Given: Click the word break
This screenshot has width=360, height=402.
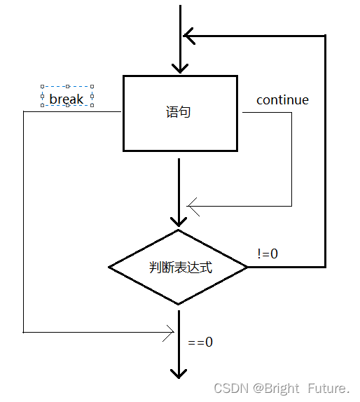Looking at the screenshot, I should point(67,99).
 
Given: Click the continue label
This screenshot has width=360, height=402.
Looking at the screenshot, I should point(282,99).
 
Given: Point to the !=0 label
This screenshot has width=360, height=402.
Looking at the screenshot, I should point(268,254).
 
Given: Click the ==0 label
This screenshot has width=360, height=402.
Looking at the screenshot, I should point(200,342).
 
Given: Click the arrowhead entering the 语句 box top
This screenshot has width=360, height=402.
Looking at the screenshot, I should point(180,68).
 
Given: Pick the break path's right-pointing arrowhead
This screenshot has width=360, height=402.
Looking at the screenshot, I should point(169,333).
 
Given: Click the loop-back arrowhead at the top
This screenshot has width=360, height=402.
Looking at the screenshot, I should point(188,34).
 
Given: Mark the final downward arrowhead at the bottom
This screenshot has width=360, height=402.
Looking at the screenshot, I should point(179,371).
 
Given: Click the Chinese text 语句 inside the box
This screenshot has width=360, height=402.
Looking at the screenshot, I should point(178,112).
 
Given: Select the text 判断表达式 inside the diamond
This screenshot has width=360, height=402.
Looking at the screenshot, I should point(181,267).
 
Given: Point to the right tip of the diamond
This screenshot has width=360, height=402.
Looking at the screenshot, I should point(247,267).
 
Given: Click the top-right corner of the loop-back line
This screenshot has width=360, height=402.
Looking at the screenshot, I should point(325,35).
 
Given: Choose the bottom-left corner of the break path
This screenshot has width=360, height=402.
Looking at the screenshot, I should point(24,332).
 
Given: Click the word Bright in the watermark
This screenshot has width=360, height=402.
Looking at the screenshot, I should point(283,387).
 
